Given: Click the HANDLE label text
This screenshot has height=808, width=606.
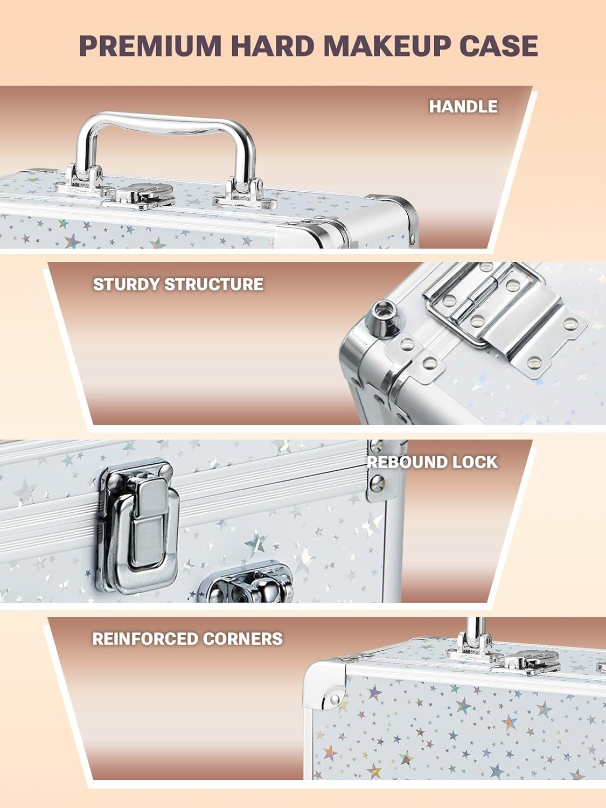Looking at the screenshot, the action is coord(463,106).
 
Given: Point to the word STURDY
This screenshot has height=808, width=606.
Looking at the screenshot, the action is coord(126,284).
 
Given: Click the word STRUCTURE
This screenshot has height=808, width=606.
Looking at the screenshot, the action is coord(214,284).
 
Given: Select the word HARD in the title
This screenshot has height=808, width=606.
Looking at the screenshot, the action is coord(273,46).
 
